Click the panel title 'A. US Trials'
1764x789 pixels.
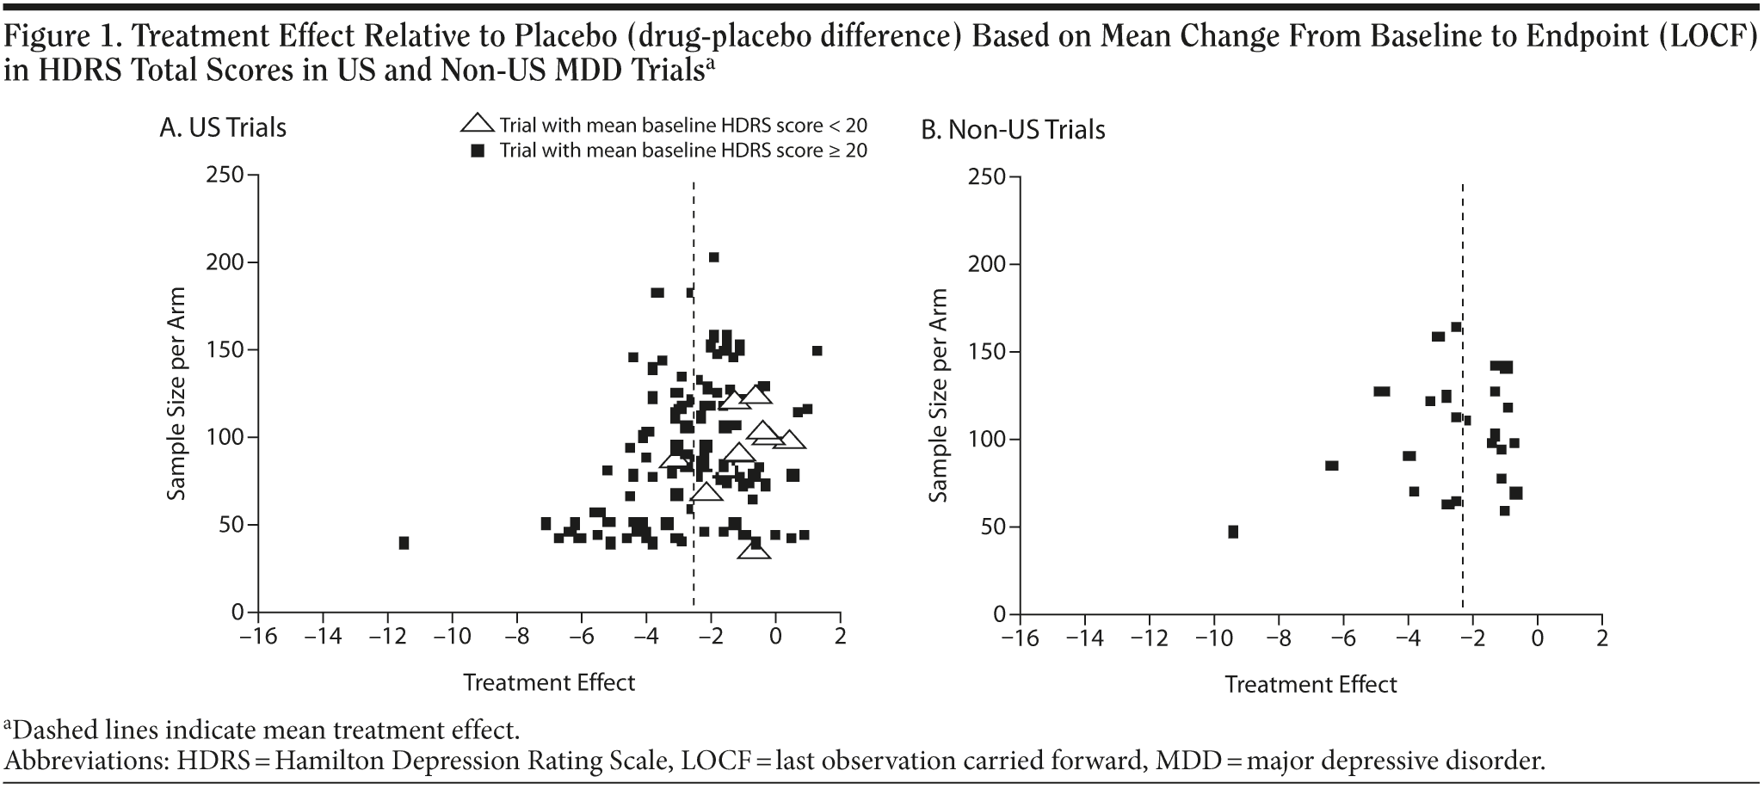pyautogui.click(x=223, y=128)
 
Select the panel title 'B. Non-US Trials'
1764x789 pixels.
pyautogui.click(x=1013, y=130)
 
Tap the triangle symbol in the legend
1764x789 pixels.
pyautogui.click(x=478, y=122)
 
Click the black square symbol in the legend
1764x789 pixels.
pyautogui.click(x=479, y=151)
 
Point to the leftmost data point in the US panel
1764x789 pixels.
pyautogui.click(x=404, y=543)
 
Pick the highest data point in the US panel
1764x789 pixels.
pyautogui.click(x=713, y=257)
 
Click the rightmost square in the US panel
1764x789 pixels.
pyautogui.click(x=817, y=350)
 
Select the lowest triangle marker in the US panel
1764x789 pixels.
pyautogui.click(x=754, y=549)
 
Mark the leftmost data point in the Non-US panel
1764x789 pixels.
pyautogui.click(x=1233, y=532)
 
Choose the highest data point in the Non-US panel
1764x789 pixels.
pyautogui.click(x=1456, y=327)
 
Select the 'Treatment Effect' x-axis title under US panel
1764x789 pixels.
pyautogui.click(x=549, y=683)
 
